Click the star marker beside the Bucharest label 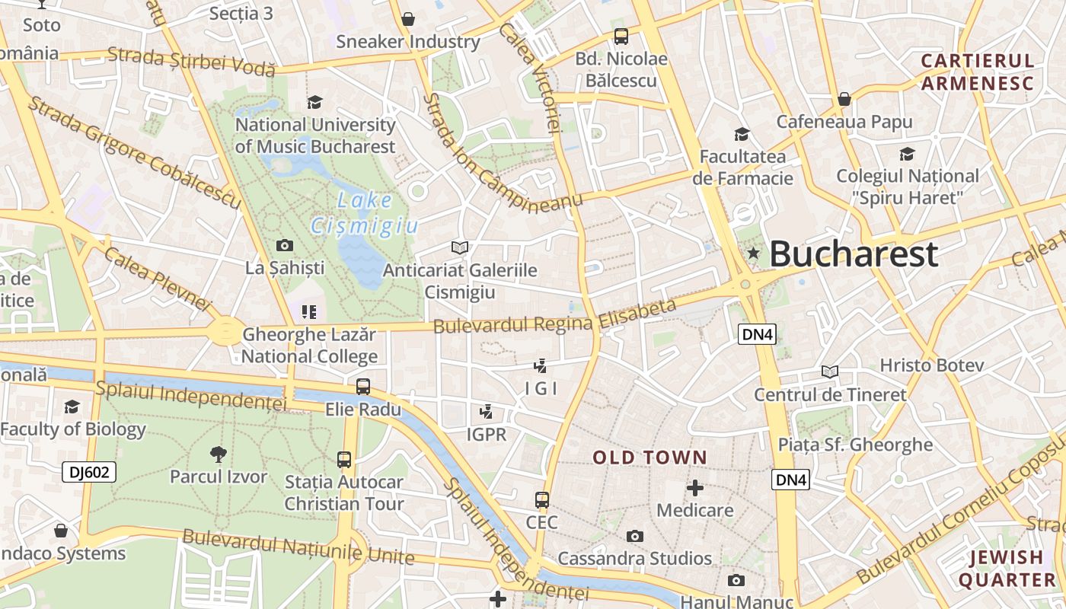coord(753,253)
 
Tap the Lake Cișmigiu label coord(365,213)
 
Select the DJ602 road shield coord(89,472)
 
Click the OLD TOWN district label coord(649,458)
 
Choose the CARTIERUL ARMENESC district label coord(978,72)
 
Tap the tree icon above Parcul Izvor coord(219,454)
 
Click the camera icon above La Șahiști coord(285,245)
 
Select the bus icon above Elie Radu coord(363,386)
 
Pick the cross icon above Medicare coord(695,487)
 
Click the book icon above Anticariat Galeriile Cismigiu coord(460,247)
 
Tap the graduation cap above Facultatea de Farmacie coord(742,135)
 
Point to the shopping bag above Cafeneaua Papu coord(844,99)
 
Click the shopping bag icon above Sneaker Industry coord(408,19)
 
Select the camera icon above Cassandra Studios coord(635,536)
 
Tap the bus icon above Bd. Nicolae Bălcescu coord(621,36)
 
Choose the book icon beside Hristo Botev coord(830,371)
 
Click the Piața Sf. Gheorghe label coord(855,445)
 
